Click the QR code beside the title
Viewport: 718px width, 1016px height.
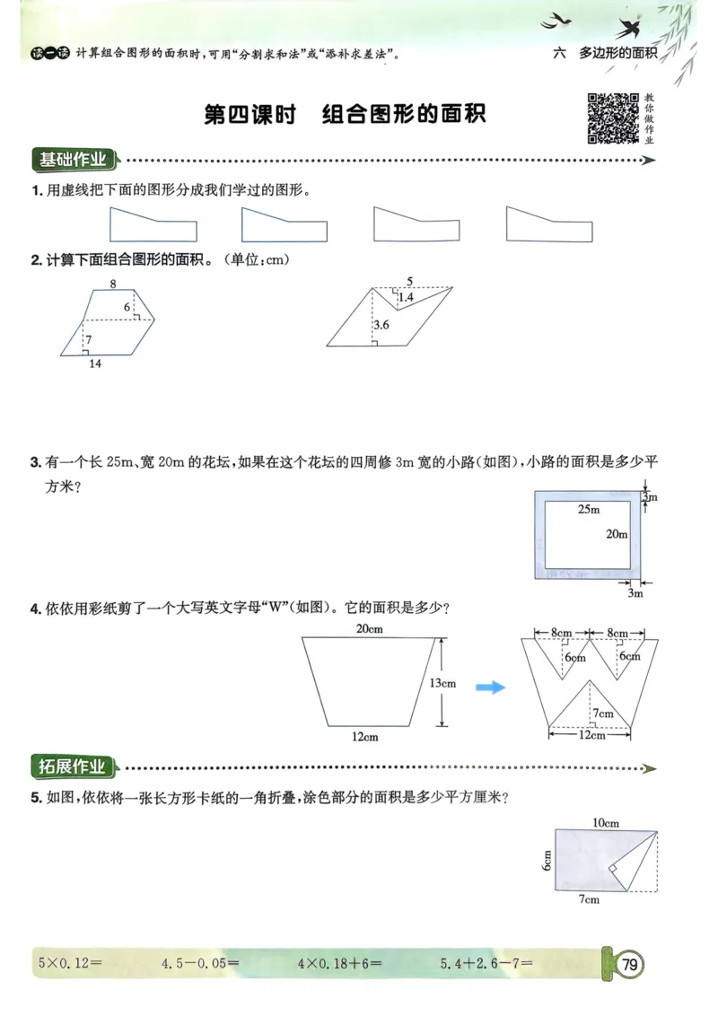[x=614, y=118]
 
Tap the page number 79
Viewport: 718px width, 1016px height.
[x=629, y=965]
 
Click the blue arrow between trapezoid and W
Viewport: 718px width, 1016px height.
[x=490, y=688]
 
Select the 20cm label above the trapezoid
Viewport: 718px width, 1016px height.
[x=369, y=629]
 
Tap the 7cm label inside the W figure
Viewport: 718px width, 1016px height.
[x=602, y=714]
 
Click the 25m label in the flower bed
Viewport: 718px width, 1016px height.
[x=588, y=510]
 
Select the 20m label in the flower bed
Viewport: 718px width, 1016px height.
[x=616, y=534]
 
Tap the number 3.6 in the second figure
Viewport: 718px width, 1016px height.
[x=381, y=325]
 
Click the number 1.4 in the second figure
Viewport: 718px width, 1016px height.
[x=406, y=297]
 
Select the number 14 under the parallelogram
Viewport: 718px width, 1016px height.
[x=96, y=364]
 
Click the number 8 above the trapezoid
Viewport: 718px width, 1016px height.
[x=113, y=284]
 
